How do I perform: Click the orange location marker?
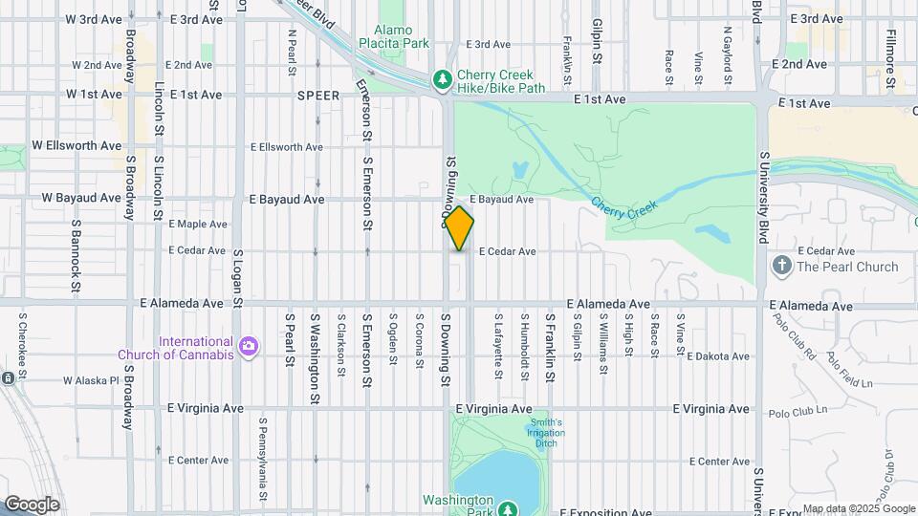point(460,228)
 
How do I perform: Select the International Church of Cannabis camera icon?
point(249,345)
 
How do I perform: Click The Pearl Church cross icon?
point(781,266)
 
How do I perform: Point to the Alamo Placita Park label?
point(394,36)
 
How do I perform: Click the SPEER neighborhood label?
point(318,96)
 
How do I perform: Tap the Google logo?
point(32,504)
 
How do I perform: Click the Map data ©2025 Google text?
point(858,509)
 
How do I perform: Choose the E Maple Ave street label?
point(198,225)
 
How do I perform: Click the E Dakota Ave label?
point(718,356)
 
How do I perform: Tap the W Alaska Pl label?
point(91,380)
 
